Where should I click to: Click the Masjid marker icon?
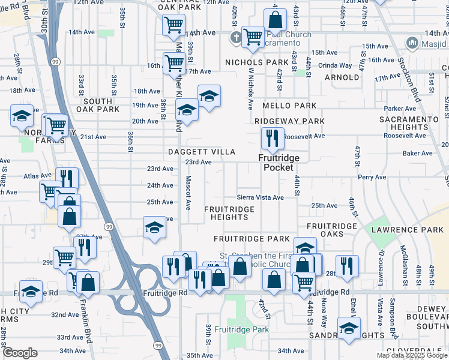[412, 43]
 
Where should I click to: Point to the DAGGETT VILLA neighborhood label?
[201, 152]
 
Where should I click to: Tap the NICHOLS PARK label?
[257, 62]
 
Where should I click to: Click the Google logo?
[20, 353]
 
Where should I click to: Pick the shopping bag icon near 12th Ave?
[275, 20]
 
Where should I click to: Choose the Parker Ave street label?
[400, 109]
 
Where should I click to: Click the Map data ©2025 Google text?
[411, 355]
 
